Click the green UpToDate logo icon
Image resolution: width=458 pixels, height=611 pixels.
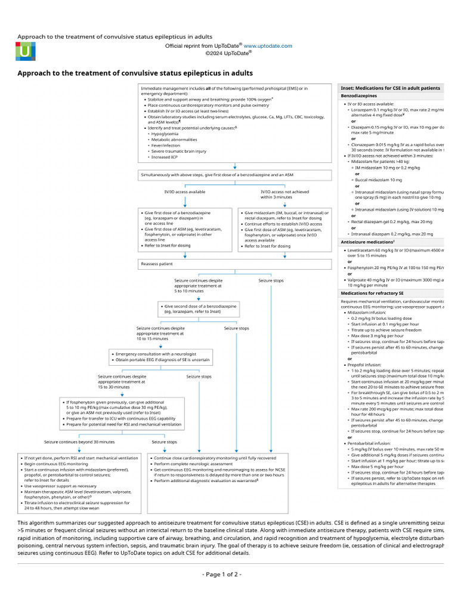coord(25,52)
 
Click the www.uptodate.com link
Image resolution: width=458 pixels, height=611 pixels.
coord(268,45)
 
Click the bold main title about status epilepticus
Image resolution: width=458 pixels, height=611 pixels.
coord(135,73)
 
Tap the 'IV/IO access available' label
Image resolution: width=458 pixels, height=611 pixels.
coord(185,192)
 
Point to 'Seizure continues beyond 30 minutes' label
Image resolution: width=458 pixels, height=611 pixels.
coord(79,442)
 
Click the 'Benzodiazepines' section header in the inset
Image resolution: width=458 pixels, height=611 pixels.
coord(359,95)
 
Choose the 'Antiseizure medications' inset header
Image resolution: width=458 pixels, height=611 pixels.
coord(367,242)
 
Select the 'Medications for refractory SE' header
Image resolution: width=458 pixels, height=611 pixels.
coord(372,294)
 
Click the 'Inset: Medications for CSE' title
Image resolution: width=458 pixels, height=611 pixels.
coord(390,87)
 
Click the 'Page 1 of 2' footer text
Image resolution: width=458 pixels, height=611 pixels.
coord(222,574)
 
